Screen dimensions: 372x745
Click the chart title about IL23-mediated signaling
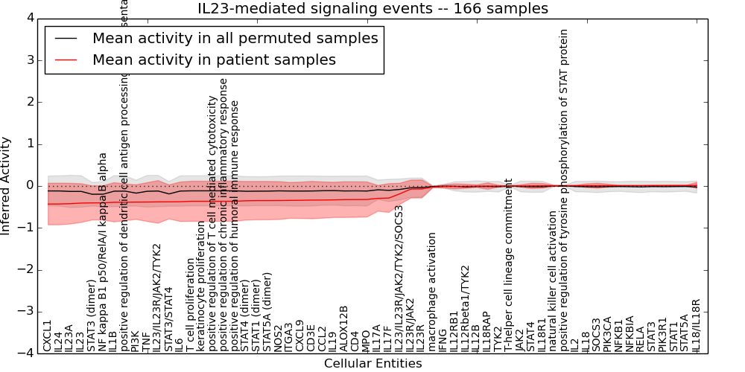coord(372,9)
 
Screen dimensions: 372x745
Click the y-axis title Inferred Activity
coord(7,185)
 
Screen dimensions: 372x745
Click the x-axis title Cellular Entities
coord(372,364)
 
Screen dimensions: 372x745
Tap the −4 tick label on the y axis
coord(24,353)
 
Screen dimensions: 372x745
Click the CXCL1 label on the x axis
coord(48,336)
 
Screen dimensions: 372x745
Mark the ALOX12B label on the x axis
coord(344,328)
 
